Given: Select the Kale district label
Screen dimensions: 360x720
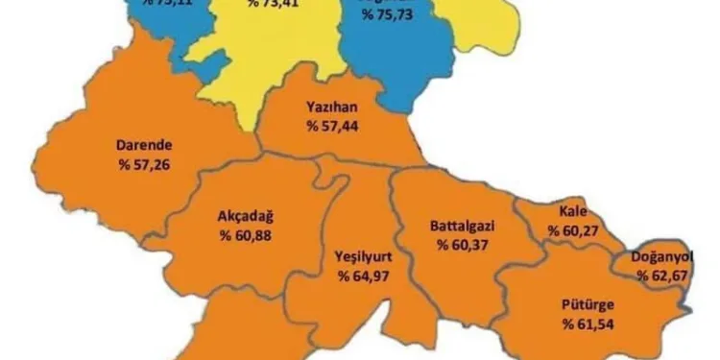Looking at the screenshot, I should click(x=573, y=212).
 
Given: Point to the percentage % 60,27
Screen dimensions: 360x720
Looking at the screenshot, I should click(x=573, y=230).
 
